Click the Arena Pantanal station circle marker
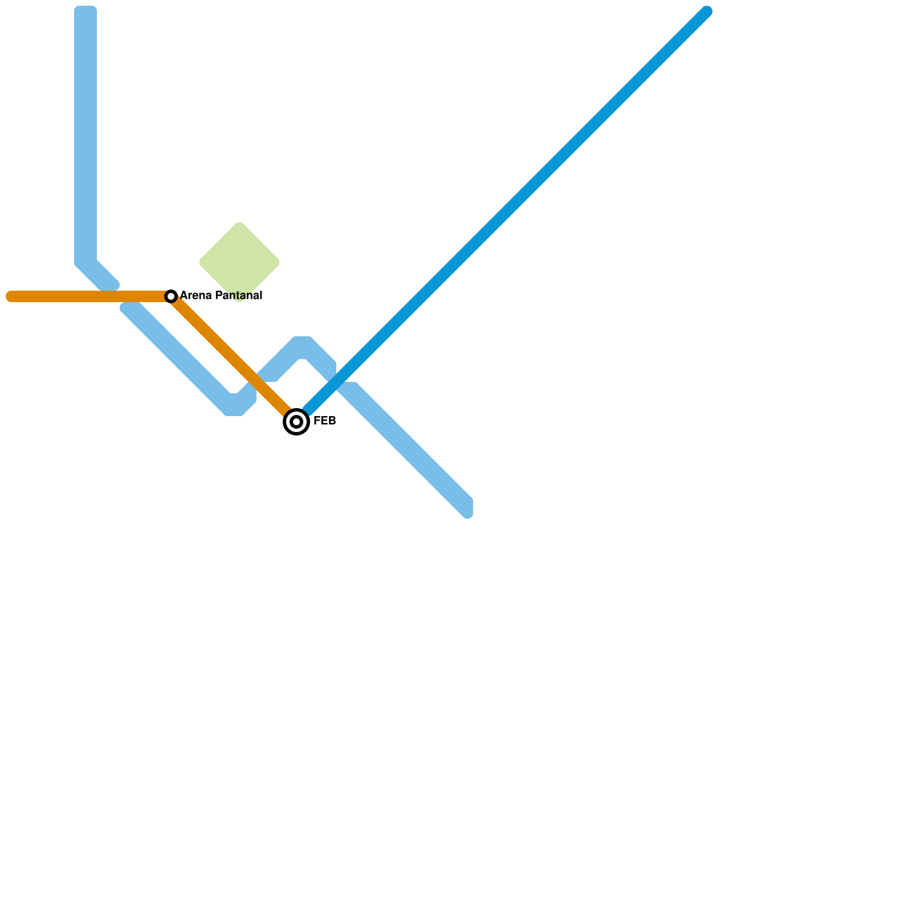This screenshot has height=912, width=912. coord(171,296)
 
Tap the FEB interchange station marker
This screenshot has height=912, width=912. coord(296,422)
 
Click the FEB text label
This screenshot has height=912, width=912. coord(324,421)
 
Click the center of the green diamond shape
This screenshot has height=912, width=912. coord(239,262)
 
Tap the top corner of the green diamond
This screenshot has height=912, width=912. coord(239,223)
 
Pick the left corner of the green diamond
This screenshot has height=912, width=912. coord(201,262)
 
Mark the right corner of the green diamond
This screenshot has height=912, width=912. coord(278,262)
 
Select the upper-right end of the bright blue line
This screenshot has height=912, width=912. coord(707,11)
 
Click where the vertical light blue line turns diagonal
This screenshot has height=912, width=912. coord(85,261)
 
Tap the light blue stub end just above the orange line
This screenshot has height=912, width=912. coord(111,284)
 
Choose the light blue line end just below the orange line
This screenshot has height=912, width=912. coord(129,308)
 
